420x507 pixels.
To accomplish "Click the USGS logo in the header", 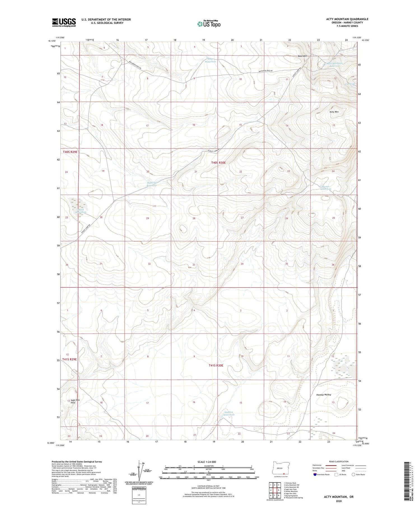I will (x=64, y=22).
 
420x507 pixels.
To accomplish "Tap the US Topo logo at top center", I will (x=209, y=24).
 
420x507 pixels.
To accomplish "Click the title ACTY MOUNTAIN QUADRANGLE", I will (x=347, y=19).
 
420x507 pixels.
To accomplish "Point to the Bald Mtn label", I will (x=302, y=56).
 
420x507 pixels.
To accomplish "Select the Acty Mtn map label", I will (x=334, y=112).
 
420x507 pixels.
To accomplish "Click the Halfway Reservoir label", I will (x=152, y=184).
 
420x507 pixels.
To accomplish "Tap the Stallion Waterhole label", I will (x=229, y=413).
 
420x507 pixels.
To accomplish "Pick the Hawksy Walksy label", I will (x=323, y=395).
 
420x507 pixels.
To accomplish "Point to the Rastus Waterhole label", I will (x=326, y=188).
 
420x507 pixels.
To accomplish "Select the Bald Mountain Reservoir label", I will (x=335, y=65).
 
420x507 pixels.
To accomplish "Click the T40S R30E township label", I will (x=218, y=162).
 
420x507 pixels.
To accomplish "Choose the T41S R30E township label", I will (x=216, y=365).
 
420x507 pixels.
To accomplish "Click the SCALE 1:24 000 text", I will (x=207, y=462).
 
